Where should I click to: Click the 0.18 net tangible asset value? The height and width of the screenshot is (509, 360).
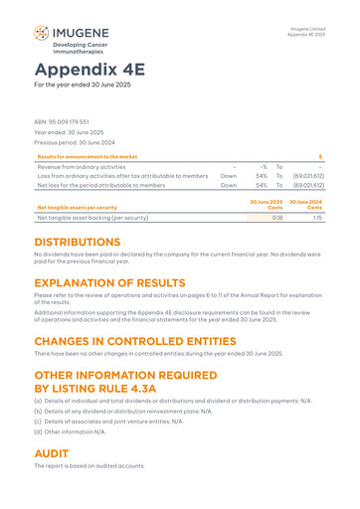pos(277,216)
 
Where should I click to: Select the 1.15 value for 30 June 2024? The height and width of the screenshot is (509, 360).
pos(317,216)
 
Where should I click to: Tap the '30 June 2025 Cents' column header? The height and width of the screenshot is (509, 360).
pos(267,203)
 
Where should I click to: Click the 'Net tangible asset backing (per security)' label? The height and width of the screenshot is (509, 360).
pos(92,216)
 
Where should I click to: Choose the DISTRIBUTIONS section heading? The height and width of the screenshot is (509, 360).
pos(91,242)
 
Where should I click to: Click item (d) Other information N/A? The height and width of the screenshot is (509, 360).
pos(70,432)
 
